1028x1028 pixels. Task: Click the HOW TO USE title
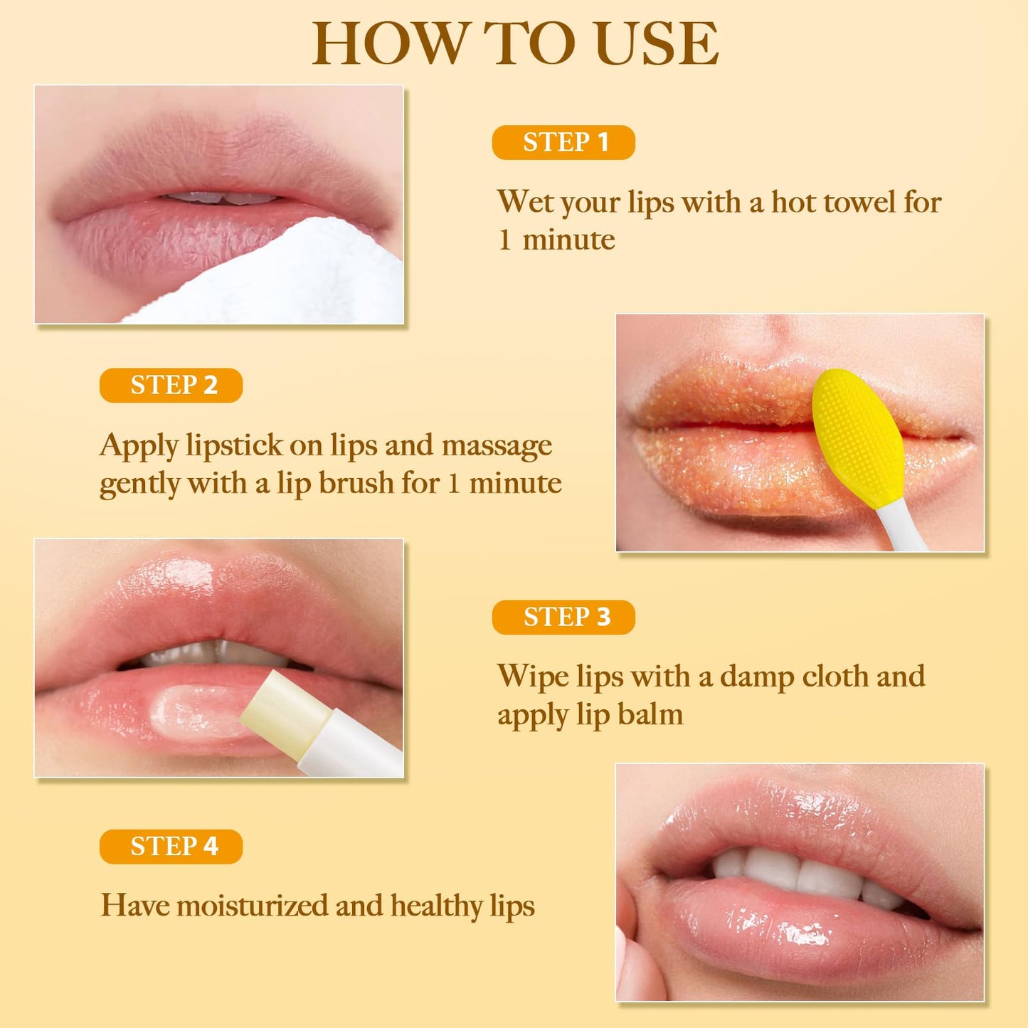515,44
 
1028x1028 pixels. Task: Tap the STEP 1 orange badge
563,142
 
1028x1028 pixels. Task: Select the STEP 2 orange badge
171,385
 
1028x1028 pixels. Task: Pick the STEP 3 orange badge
563,617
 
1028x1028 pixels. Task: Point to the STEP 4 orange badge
171,847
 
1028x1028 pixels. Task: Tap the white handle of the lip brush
902,527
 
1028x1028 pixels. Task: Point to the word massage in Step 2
497,446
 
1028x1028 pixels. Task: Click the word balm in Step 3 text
650,714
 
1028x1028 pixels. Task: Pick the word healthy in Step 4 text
436,906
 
